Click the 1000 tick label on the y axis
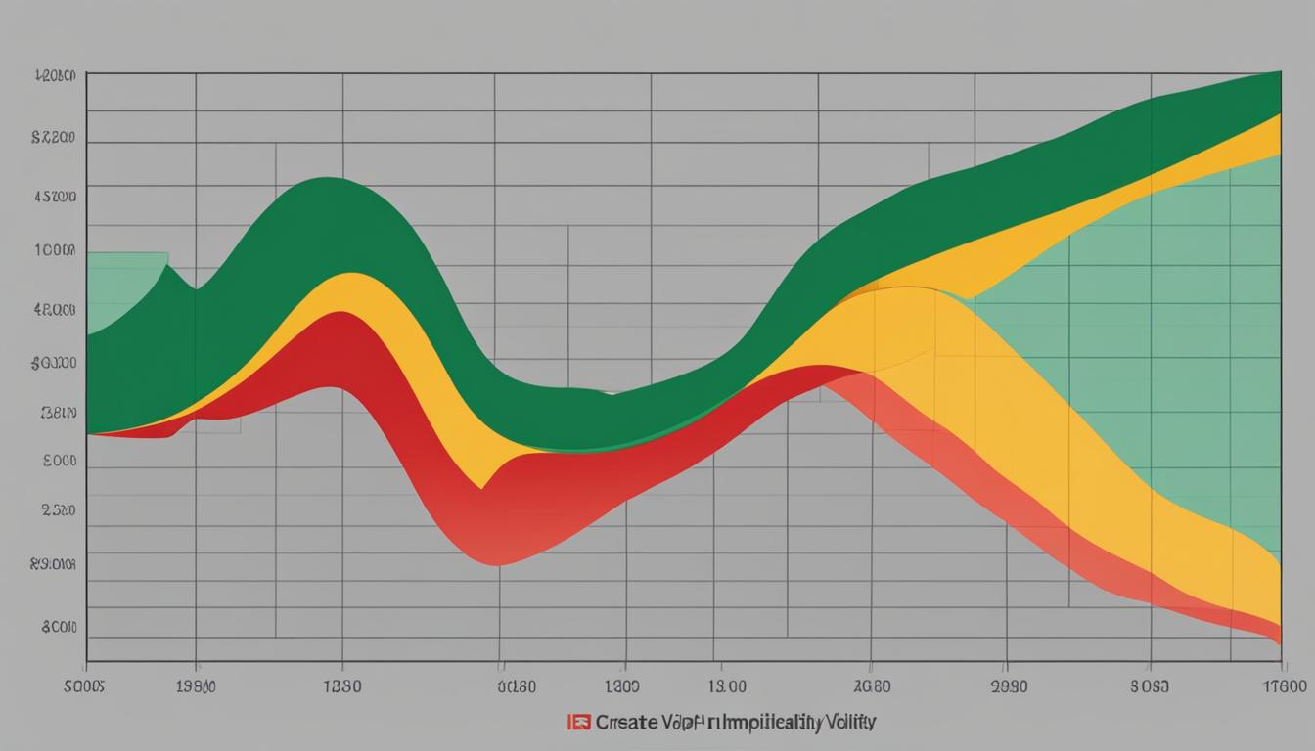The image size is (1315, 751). click(55, 250)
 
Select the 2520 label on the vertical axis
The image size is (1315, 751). click(58, 509)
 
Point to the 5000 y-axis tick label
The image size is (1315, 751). click(59, 460)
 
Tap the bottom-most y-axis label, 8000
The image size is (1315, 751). click(59, 627)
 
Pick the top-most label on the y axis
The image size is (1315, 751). click(55, 75)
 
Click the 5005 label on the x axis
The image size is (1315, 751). click(83, 686)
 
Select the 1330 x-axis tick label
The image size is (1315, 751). click(340, 686)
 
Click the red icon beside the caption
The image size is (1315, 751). click(579, 723)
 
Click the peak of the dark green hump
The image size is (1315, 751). click(328, 179)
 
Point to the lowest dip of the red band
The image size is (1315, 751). click(497, 563)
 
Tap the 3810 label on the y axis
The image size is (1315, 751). click(58, 413)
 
